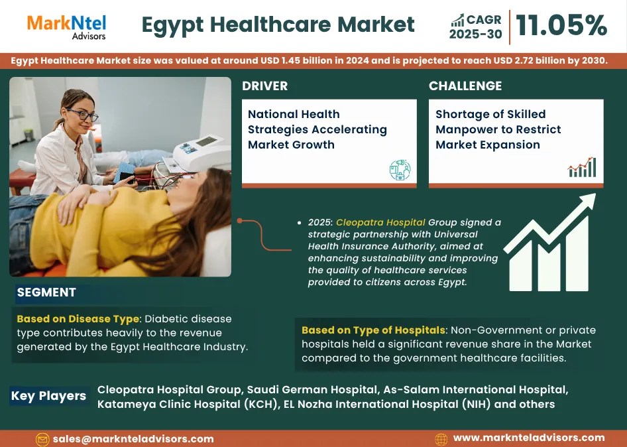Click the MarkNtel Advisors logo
[x=66, y=27]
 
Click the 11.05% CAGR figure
[x=561, y=25]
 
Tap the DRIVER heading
[x=264, y=86]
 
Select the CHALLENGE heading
[x=465, y=86]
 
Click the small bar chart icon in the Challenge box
[x=582, y=167]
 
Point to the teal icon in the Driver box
[x=400, y=170]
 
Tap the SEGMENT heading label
[x=46, y=292]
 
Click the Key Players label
[x=48, y=396]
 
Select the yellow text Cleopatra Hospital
[x=380, y=222]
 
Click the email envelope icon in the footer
[x=42, y=439]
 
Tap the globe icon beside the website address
[x=441, y=439]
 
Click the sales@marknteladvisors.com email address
[x=133, y=439]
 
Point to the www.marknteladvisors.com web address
[x=529, y=438]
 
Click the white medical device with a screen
[x=203, y=153]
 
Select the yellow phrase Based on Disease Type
[x=78, y=319]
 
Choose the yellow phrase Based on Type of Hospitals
[x=373, y=330]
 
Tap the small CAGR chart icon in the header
[x=457, y=21]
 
